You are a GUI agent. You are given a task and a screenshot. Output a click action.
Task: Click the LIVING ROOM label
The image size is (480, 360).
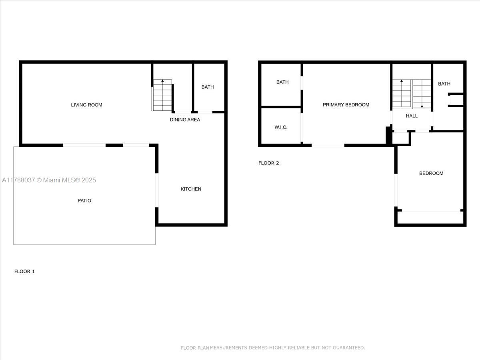[86, 105]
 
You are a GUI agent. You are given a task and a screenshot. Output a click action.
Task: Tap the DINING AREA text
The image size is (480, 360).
[185, 120]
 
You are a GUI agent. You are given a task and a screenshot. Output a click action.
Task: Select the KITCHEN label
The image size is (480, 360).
[191, 189]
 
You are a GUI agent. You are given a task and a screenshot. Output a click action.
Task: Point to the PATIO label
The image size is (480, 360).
[84, 201]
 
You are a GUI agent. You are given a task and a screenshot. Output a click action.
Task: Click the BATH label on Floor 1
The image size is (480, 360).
[208, 87]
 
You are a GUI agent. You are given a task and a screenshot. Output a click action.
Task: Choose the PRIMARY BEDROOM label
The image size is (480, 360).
[346, 105]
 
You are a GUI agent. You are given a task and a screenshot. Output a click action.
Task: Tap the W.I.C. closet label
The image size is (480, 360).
[281, 127]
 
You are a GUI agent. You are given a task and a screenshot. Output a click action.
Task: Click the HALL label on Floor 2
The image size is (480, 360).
[412, 116]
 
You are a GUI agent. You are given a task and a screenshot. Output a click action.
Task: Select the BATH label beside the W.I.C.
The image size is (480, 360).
[282, 82]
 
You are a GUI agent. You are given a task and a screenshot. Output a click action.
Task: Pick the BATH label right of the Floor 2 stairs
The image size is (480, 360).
[444, 84]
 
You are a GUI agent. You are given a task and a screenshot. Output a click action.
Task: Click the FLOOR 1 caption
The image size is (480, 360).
[24, 272]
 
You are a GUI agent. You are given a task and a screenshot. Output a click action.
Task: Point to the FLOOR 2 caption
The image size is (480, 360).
[268, 163]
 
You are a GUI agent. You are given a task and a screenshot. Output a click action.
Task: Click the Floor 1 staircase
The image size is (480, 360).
[162, 95]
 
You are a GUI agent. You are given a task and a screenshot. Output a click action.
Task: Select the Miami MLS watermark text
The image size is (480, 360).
[49, 180]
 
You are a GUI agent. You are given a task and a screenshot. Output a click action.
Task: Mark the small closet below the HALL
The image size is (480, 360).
[400, 138]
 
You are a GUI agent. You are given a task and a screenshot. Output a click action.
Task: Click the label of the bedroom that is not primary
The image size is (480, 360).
[431, 173]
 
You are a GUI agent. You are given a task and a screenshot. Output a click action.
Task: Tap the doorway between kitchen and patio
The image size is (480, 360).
[157, 190]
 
